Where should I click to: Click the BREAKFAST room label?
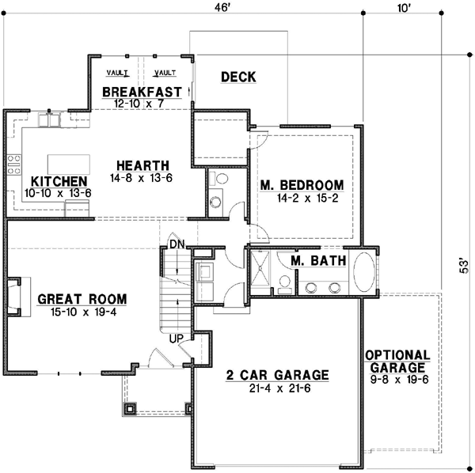click(142, 91)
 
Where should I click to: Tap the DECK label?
click(238, 77)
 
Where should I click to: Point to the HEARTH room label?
click(142, 165)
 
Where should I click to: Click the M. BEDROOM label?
click(302, 186)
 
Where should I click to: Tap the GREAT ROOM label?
click(82, 299)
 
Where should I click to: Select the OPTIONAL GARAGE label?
click(398, 361)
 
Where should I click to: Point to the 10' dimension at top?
click(405, 8)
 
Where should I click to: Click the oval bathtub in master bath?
click(365, 272)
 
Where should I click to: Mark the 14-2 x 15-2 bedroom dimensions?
click(302, 199)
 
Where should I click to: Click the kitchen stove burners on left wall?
click(13, 165)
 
